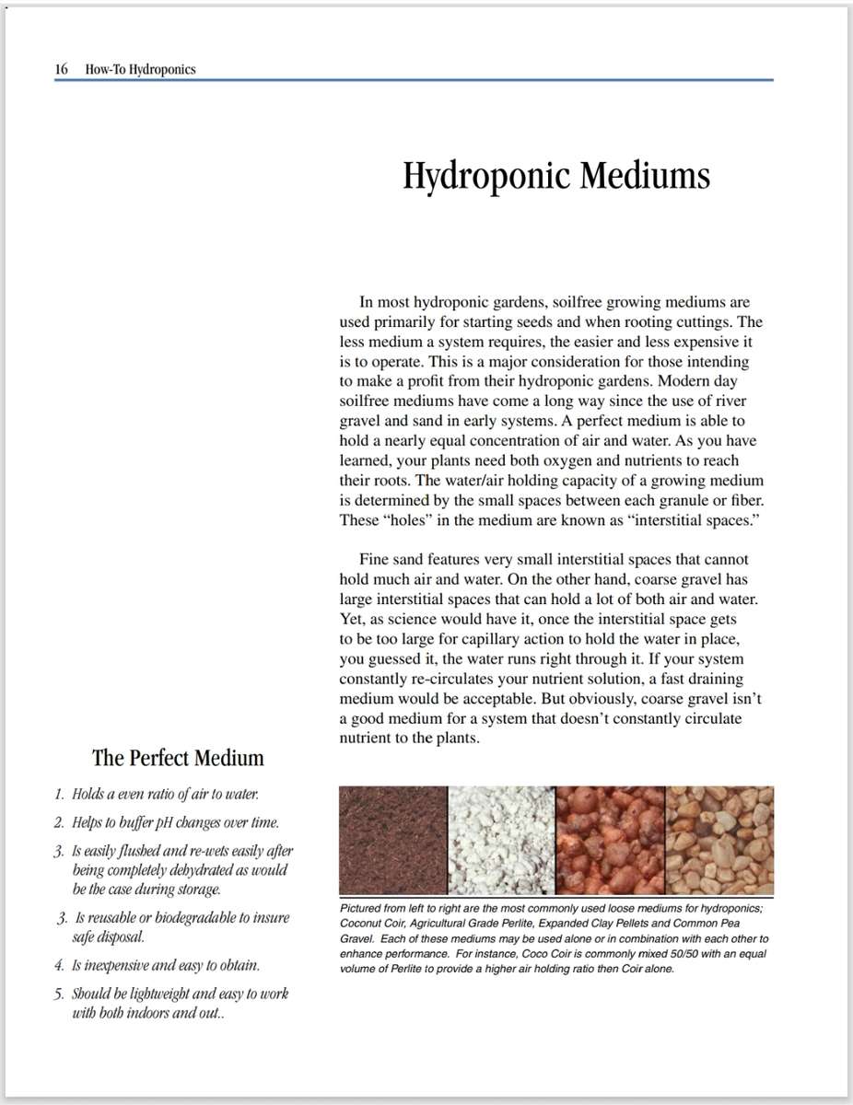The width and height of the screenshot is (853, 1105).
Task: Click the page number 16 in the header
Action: pos(61,69)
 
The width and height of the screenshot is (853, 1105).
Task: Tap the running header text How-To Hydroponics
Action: pos(140,69)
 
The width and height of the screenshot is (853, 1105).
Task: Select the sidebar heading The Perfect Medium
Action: pos(178,758)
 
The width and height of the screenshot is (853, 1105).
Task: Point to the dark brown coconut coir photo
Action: pos(393,840)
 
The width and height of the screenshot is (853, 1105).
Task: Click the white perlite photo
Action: pos(501,840)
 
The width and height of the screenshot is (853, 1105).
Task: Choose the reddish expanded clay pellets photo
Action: pos(610,840)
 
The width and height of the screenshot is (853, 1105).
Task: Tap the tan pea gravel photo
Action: pos(719,840)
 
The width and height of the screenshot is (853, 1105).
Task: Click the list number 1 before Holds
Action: pos(58,794)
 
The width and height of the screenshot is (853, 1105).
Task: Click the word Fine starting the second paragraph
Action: pos(375,559)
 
